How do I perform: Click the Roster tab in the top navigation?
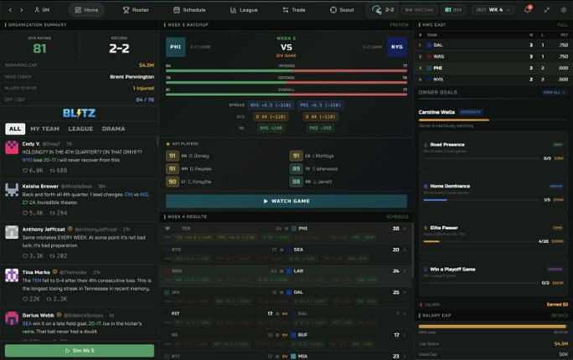click(x=136, y=10)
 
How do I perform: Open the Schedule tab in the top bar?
click(x=190, y=10)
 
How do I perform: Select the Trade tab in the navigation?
click(x=294, y=10)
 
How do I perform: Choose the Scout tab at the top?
click(x=342, y=10)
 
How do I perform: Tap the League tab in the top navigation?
click(x=244, y=10)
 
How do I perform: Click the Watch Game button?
click(x=286, y=201)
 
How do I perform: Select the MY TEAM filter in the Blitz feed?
click(x=44, y=129)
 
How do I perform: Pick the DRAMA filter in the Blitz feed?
click(x=113, y=129)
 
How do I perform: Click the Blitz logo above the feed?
click(x=79, y=113)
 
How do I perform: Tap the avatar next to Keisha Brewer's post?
click(x=12, y=189)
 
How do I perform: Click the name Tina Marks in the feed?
click(x=37, y=272)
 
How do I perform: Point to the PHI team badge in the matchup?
click(x=176, y=48)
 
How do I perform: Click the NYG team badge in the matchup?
click(x=397, y=48)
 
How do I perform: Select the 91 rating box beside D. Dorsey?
click(x=173, y=156)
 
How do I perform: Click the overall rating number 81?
click(x=39, y=49)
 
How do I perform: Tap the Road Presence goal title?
click(x=449, y=144)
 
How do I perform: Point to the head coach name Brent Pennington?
click(x=132, y=76)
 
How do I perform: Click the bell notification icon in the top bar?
click(x=527, y=10)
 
